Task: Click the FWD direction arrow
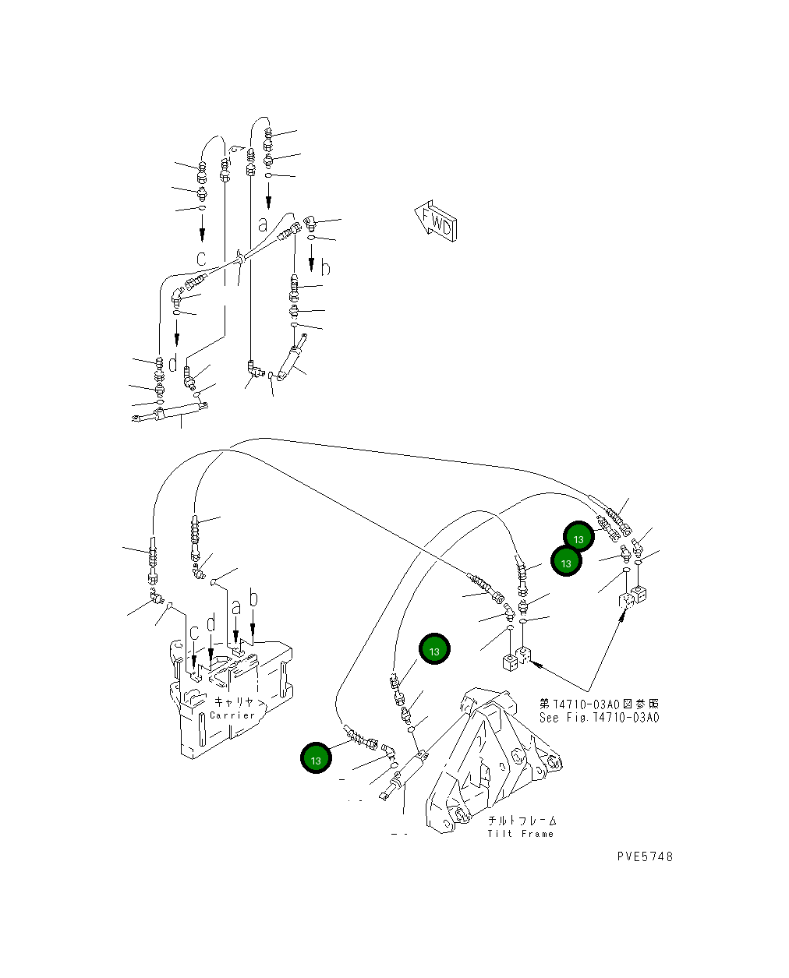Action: point(435,224)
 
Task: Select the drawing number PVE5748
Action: point(644,856)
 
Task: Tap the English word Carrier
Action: point(232,715)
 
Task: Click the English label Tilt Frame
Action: point(520,834)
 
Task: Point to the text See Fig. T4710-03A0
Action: point(599,718)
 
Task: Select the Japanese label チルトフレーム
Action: point(522,821)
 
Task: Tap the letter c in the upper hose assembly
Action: point(201,258)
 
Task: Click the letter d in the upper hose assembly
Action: point(173,363)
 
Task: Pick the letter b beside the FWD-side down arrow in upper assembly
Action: point(326,268)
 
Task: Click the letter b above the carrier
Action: point(253,599)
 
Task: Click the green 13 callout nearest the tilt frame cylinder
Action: point(316,758)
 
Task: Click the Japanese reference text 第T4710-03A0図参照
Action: point(599,704)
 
